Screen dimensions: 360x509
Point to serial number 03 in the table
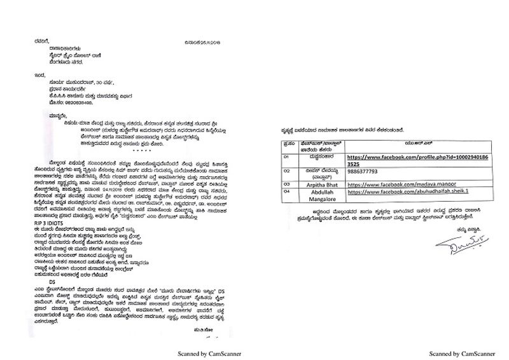287,181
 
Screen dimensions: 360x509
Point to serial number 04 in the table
287,190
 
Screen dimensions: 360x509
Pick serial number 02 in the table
287,170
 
